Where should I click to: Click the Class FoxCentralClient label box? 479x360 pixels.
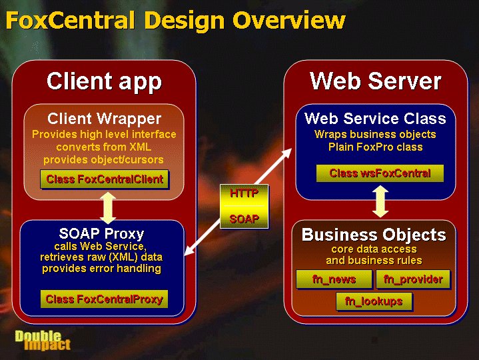click(x=104, y=179)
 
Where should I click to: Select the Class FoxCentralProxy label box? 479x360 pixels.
click(x=104, y=299)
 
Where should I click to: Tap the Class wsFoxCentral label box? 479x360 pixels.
click(x=380, y=173)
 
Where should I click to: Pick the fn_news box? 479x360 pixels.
click(x=334, y=279)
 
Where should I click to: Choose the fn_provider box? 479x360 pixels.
click(x=413, y=279)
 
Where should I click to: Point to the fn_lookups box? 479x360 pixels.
click(x=374, y=301)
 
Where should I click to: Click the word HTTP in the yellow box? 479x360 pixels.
click(x=244, y=193)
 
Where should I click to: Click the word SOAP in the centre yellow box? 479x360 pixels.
click(x=244, y=219)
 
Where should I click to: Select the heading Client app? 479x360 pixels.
click(x=104, y=81)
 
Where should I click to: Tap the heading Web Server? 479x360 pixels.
click(x=376, y=81)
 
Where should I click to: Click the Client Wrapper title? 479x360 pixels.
click(x=104, y=119)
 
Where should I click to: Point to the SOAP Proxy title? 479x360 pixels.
click(x=101, y=234)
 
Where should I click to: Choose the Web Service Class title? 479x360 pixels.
click(x=376, y=118)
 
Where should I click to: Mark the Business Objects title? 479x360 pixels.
click(x=374, y=235)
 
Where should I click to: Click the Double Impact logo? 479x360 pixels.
click(x=43, y=340)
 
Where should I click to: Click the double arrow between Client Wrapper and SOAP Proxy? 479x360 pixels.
click(x=108, y=208)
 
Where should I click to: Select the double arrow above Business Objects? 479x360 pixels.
click(x=380, y=202)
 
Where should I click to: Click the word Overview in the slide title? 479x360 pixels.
click(x=288, y=20)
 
